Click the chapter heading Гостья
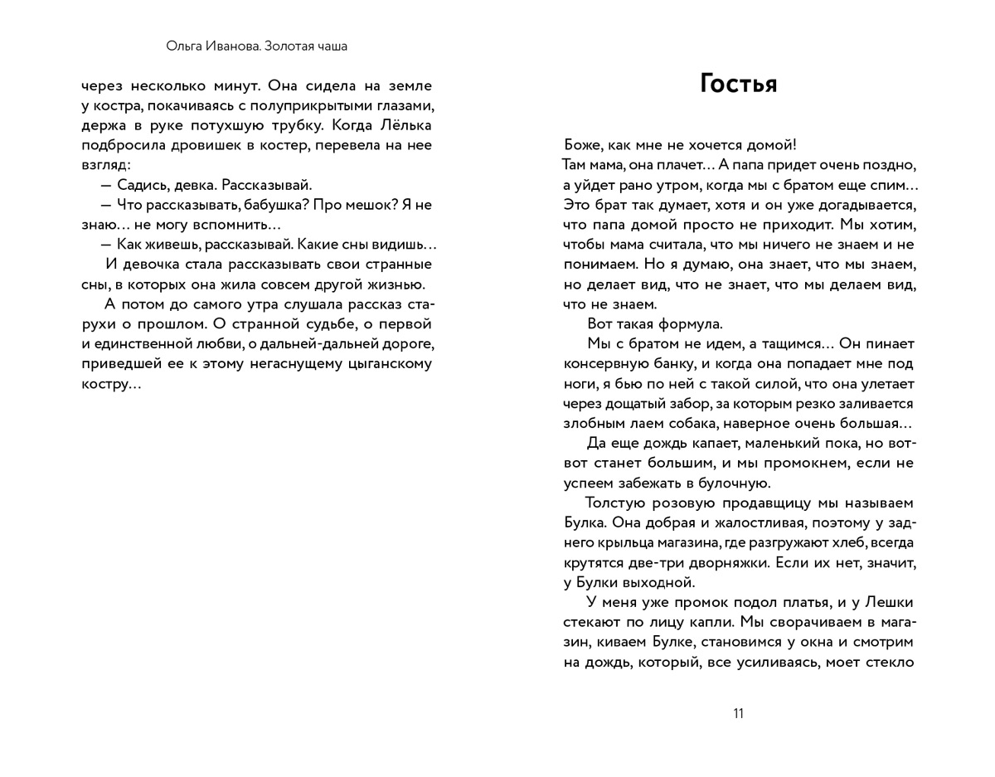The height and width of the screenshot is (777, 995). (x=738, y=85)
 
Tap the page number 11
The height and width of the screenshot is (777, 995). (x=738, y=714)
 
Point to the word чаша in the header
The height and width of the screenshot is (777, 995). (x=330, y=46)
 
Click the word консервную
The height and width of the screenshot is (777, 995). (x=603, y=363)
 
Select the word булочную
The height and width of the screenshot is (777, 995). (x=735, y=483)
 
